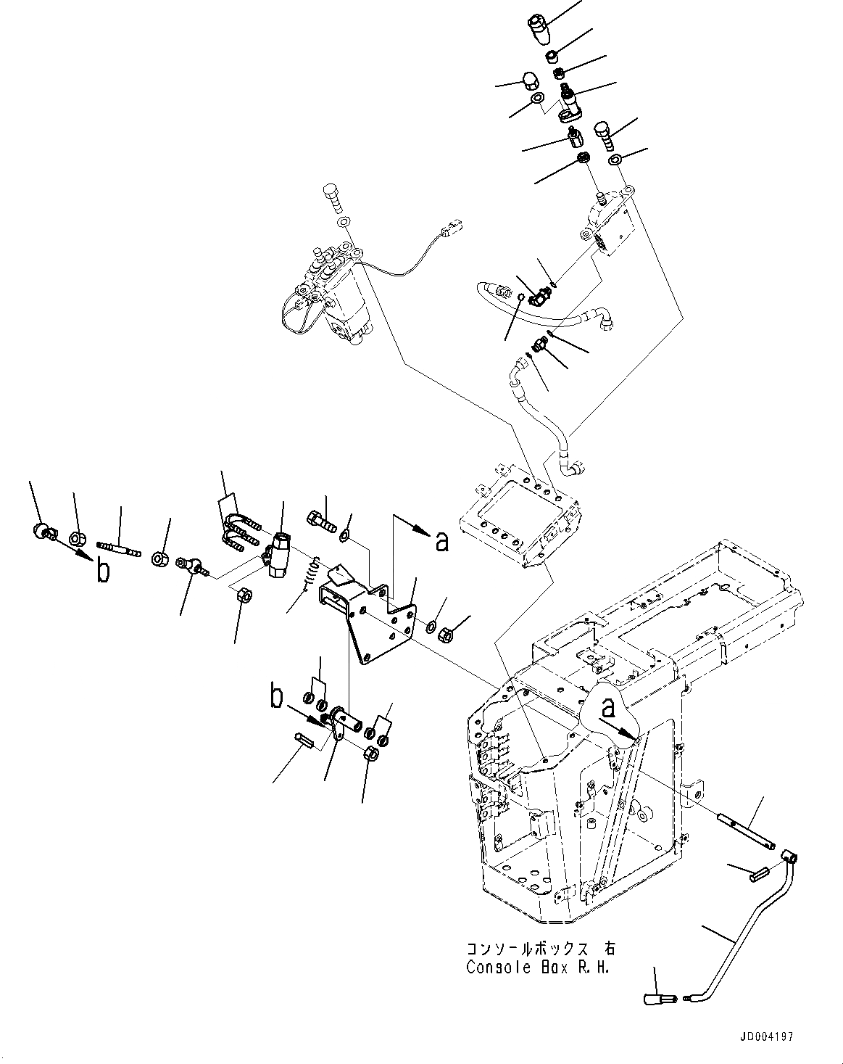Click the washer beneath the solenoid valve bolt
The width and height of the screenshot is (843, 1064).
pyautogui.click(x=344, y=221)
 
